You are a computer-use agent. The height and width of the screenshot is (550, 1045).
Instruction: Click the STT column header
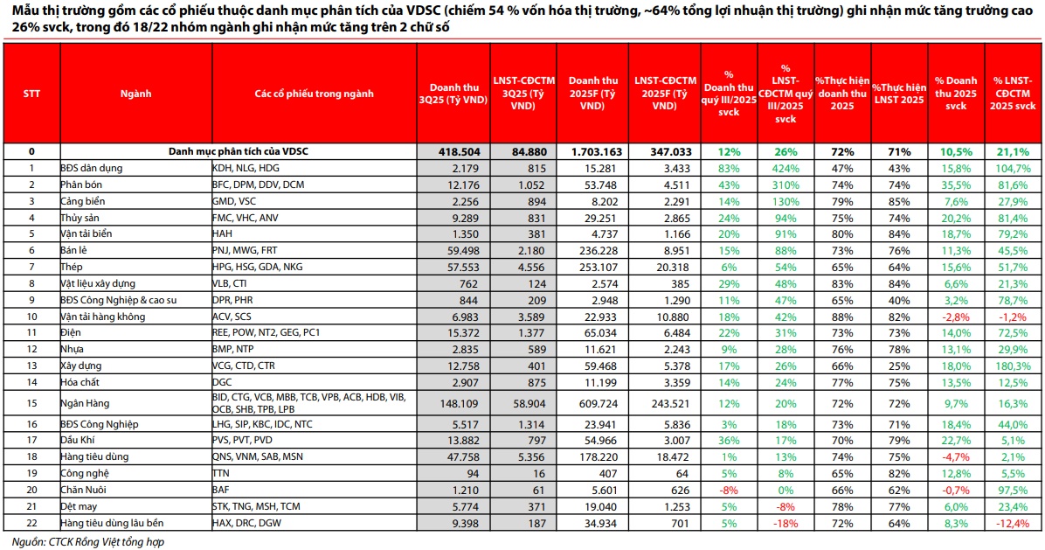31,93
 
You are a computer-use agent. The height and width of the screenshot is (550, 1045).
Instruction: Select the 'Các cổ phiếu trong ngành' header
314,93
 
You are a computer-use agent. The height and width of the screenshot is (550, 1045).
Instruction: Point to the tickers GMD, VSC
236,200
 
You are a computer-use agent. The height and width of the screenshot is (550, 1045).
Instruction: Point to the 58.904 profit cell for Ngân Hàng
522,403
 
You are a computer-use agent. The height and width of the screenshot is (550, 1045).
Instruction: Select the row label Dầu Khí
77,441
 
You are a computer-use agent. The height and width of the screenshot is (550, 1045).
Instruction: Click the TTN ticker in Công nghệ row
222,474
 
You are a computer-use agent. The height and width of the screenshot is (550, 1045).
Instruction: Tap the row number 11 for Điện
31,333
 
